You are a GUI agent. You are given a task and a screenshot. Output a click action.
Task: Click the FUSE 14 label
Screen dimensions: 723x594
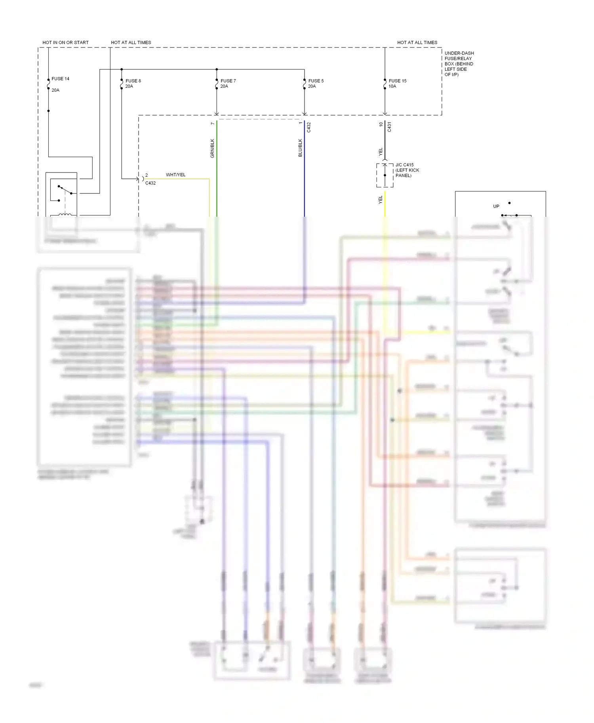[60, 79]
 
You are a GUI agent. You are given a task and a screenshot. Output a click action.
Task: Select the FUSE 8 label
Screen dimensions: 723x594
[133, 81]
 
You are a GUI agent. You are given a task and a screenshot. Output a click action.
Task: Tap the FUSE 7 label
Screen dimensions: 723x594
[228, 81]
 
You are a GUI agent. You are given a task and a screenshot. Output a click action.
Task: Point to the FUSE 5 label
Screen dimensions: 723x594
[316, 81]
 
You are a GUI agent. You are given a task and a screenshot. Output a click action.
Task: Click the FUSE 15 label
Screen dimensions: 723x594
[397, 81]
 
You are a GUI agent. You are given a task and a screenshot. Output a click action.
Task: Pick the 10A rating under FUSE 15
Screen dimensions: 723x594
[392, 86]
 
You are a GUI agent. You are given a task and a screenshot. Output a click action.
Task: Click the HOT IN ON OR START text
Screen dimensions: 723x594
[65, 42]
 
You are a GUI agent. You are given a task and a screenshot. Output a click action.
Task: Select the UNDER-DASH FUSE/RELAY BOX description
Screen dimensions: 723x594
[459, 64]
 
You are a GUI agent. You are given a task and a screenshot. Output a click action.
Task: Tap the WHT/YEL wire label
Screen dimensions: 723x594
[175, 175]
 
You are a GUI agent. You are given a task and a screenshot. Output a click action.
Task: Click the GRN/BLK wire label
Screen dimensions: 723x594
[212, 148]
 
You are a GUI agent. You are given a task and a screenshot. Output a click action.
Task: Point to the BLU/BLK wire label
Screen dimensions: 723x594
[300, 148]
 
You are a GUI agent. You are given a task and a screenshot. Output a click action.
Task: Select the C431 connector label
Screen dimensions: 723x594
[389, 127]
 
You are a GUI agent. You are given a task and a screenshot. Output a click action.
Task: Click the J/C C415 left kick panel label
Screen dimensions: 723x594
[407, 170]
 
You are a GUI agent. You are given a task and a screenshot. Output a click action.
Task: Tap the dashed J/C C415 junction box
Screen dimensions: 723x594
[385, 175]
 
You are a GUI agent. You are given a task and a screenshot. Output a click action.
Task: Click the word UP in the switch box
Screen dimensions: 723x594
[496, 206]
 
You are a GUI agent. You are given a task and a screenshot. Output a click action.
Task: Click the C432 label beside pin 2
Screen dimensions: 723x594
[150, 183]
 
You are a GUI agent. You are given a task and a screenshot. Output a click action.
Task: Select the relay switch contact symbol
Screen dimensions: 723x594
[65, 190]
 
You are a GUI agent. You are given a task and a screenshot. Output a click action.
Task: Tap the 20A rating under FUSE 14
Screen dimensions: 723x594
[55, 90]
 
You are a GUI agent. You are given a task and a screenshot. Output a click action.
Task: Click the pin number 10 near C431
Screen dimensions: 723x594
[381, 124]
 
